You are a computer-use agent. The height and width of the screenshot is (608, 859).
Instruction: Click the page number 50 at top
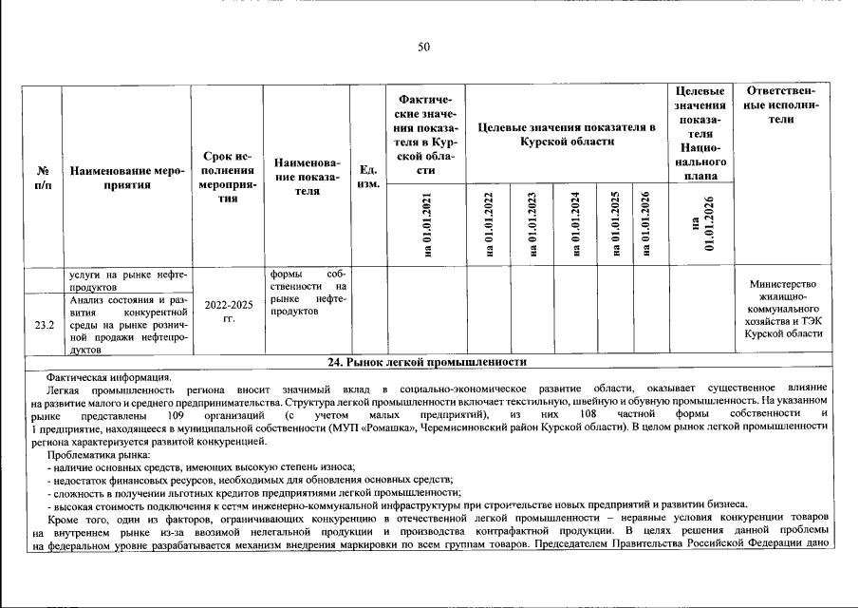(x=423, y=47)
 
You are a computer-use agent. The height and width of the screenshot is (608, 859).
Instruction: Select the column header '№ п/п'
(x=43, y=178)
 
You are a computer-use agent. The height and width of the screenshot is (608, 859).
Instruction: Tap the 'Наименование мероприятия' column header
(x=124, y=178)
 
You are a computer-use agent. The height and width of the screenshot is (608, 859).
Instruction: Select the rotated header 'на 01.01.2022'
(x=489, y=225)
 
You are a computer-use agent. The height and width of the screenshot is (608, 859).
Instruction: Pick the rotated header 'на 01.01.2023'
(x=532, y=225)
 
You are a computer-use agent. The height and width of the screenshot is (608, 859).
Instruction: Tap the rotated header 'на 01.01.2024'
(x=575, y=225)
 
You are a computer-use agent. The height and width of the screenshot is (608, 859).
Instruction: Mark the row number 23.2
(x=44, y=325)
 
